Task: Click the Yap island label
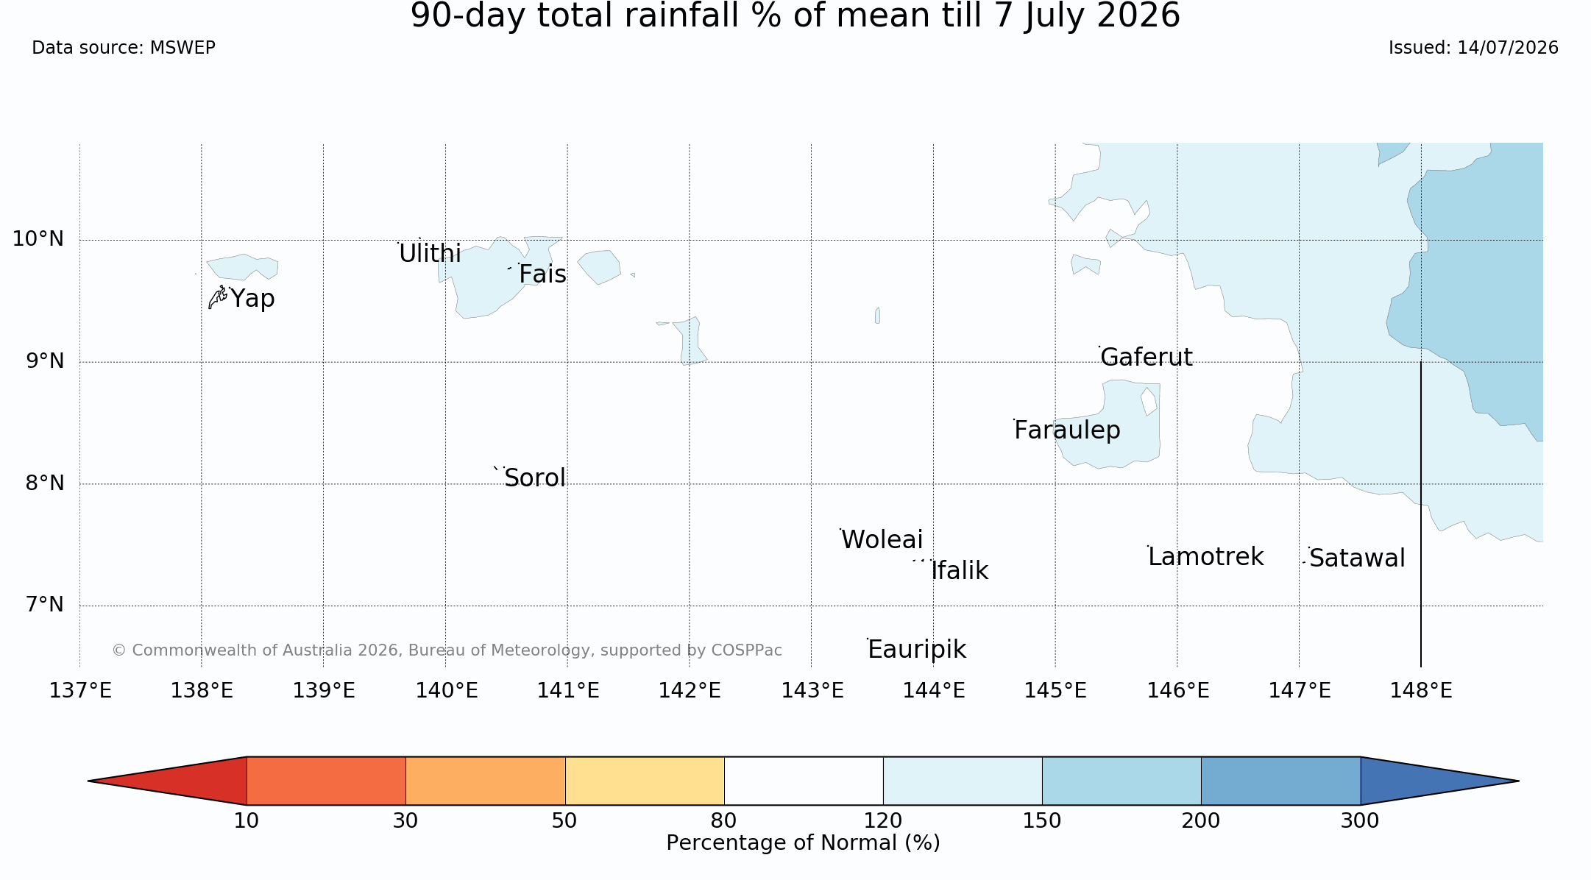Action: coord(252,299)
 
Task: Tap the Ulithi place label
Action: coord(430,253)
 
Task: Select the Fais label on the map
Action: coord(542,274)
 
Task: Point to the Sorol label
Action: coord(535,478)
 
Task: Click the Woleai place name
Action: coord(882,540)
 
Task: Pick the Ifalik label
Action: coord(960,571)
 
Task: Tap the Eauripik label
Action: coord(917,650)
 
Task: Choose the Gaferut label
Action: coord(1146,358)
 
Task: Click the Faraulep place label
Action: coord(1067,430)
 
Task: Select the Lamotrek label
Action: coord(1205,557)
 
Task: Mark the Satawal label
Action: coord(1357,558)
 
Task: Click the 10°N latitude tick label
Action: coord(38,239)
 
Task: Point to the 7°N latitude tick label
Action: coord(45,605)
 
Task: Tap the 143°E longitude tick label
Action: coord(812,691)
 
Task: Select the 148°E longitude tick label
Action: coord(1421,691)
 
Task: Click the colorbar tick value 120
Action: coord(883,821)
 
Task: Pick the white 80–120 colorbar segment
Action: coord(804,781)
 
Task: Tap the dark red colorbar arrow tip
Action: coord(89,781)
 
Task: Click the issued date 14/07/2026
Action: coord(1507,48)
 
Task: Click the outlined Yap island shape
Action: coord(217,297)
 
